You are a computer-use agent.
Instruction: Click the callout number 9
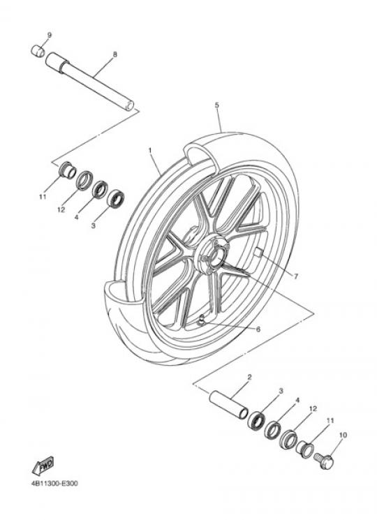click(50, 35)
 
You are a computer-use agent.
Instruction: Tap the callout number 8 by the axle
click(115, 54)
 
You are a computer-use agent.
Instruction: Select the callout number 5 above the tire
click(217, 105)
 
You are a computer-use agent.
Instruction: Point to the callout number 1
click(150, 150)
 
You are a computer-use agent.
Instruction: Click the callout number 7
click(296, 276)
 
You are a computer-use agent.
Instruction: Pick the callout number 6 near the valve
click(258, 329)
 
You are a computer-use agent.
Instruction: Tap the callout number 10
click(343, 435)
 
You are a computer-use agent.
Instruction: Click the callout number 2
click(249, 377)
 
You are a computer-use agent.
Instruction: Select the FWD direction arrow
click(43, 466)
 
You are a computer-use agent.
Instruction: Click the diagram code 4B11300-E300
click(54, 483)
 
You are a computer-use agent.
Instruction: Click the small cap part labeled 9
click(38, 51)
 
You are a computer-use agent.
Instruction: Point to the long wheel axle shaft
click(89, 82)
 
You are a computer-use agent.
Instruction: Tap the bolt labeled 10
click(324, 461)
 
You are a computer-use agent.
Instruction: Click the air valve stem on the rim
click(201, 320)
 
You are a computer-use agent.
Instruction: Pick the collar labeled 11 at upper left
click(67, 170)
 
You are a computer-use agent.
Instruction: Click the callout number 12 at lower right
click(313, 409)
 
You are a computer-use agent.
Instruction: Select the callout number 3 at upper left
click(93, 225)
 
